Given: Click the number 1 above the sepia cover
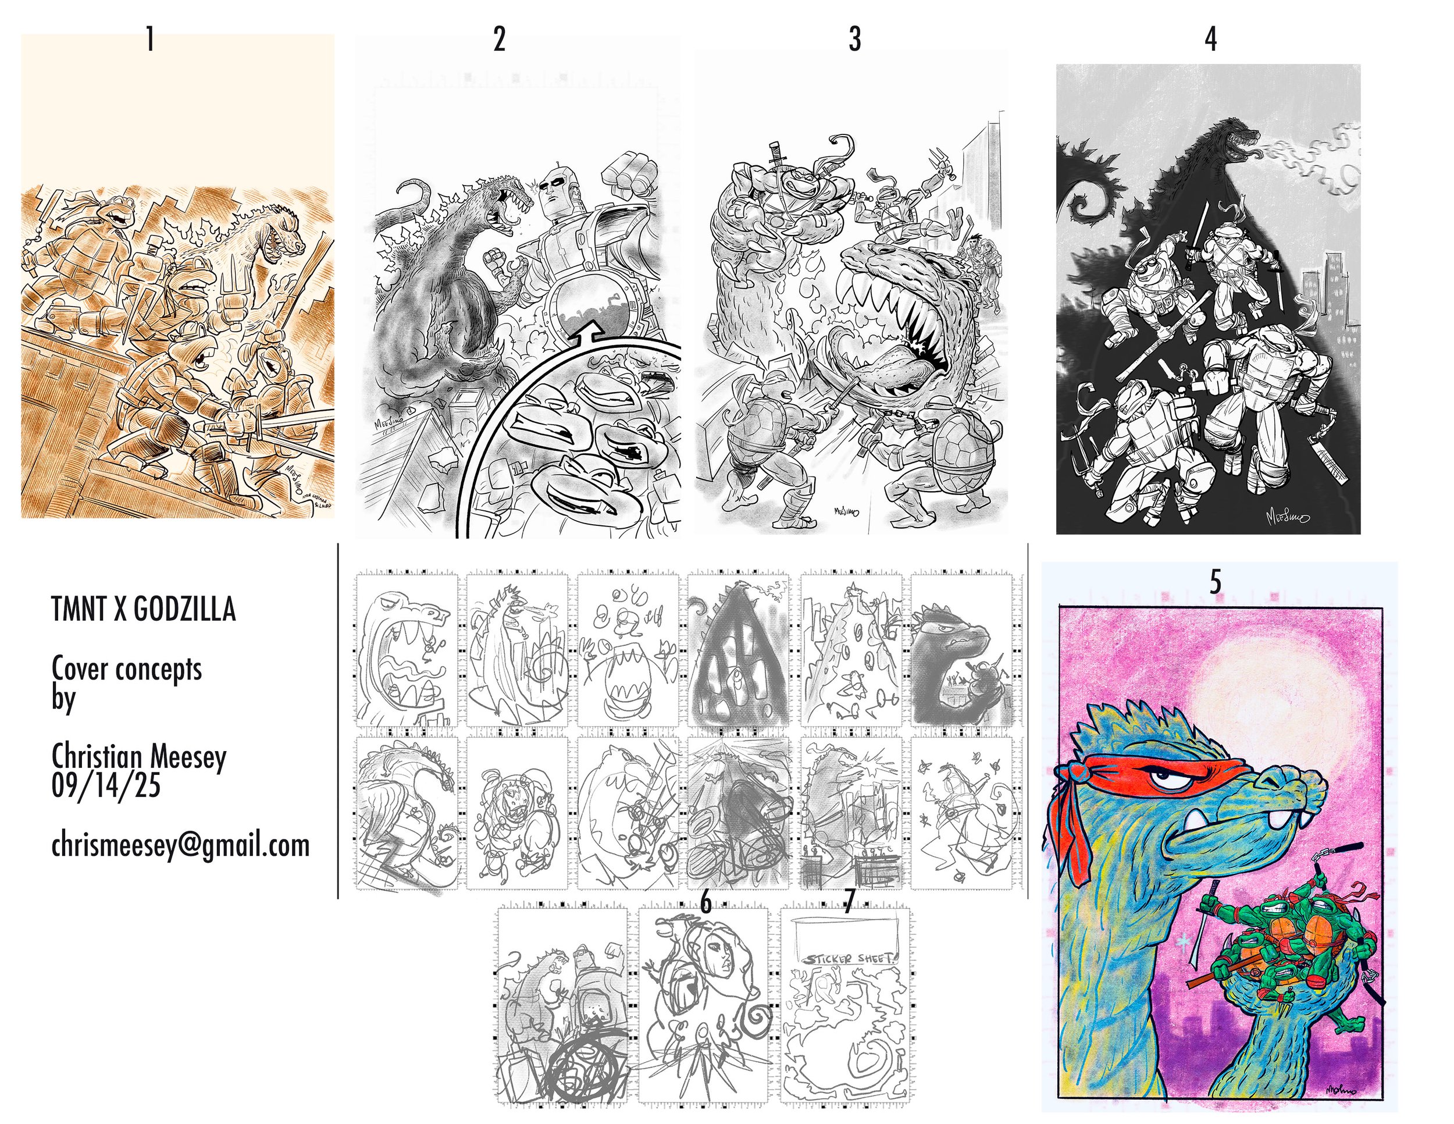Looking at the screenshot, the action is pyautogui.click(x=151, y=40).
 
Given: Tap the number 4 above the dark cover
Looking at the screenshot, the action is pyautogui.click(x=1210, y=40).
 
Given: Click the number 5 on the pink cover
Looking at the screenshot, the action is pyautogui.click(x=1215, y=582).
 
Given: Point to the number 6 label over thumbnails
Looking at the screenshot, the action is pyautogui.click(x=705, y=903).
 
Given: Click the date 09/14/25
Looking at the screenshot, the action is pyautogui.click(x=106, y=787).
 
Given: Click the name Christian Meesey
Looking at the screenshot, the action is pyautogui.click(x=139, y=756).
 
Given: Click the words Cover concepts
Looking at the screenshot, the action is pyautogui.click(x=126, y=668).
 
